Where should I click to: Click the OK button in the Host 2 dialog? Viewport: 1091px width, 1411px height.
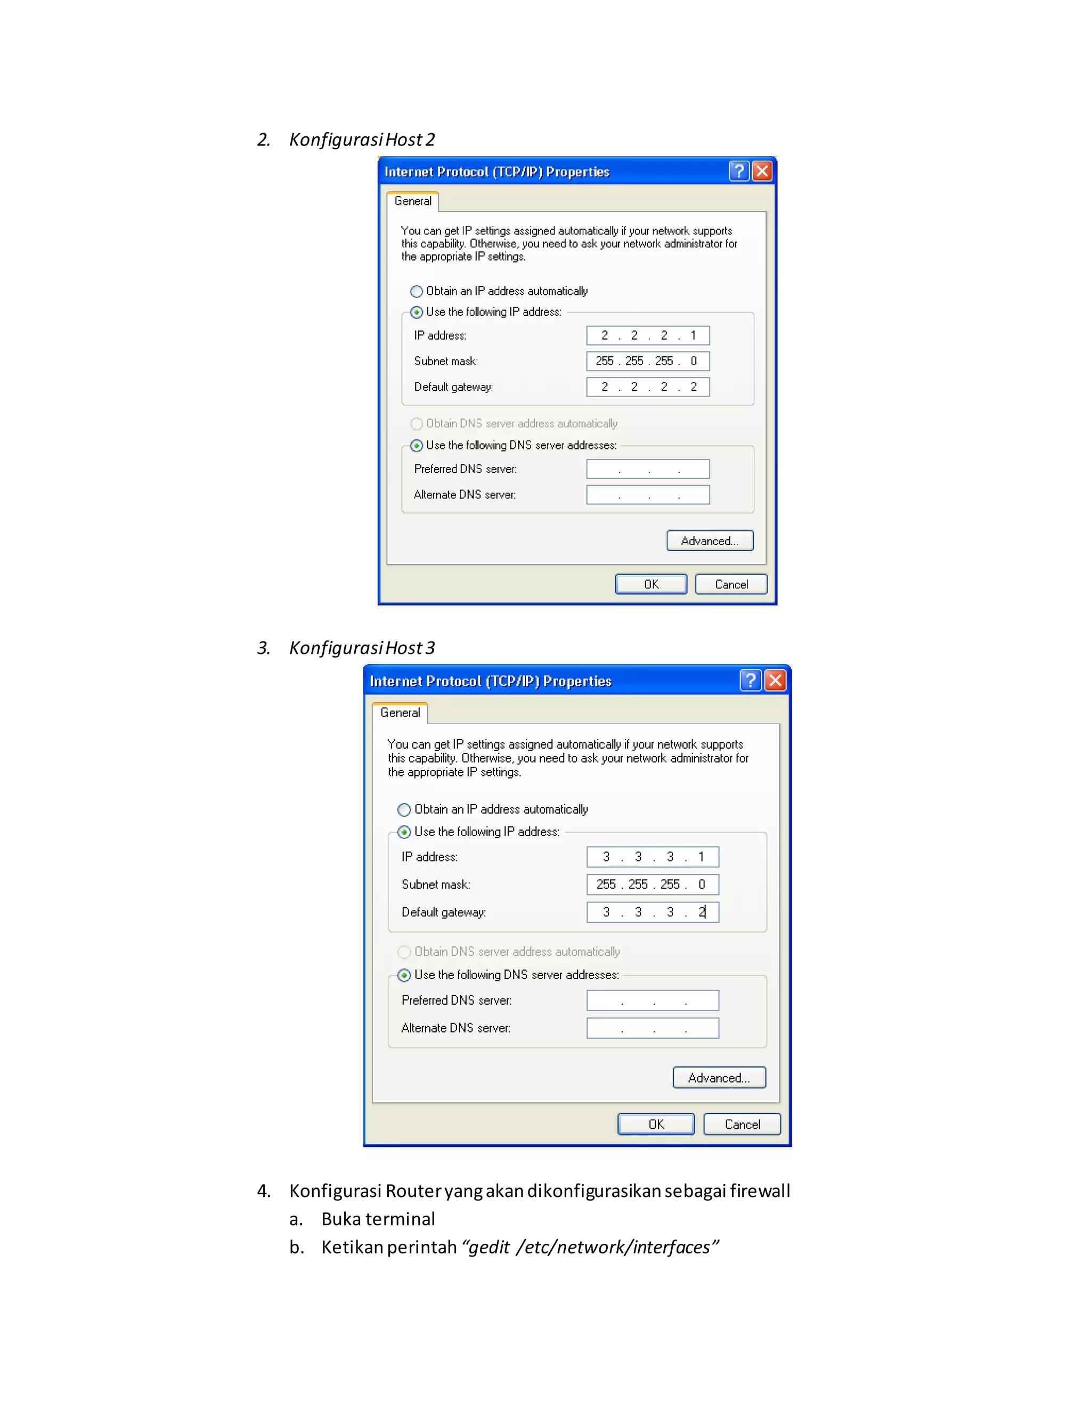(650, 584)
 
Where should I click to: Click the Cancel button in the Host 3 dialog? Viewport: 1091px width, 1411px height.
(742, 1124)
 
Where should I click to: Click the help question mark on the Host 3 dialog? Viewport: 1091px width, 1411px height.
(750, 680)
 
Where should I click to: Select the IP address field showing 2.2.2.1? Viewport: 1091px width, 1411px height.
(648, 335)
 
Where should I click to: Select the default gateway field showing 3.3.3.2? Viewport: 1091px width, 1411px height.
(652, 912)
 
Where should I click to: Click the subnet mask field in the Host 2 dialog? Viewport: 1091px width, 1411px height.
(648, 361)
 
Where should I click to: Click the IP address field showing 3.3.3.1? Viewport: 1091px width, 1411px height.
(652, 857)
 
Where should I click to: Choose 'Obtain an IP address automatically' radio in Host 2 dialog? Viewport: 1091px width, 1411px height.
(417, 291)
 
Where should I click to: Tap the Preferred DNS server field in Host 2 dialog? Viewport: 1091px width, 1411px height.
(648, 469)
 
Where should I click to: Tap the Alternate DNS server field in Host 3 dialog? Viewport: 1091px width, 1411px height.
(652, 1028)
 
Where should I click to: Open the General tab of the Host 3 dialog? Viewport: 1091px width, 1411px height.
(400, 712)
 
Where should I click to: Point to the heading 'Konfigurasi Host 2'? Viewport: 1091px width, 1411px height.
(362, 140)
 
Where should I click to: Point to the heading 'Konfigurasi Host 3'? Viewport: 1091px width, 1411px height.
(362, 648)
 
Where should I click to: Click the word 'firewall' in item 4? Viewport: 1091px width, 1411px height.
(760, 1191)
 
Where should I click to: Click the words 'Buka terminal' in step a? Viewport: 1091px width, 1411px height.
(378, 1219)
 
